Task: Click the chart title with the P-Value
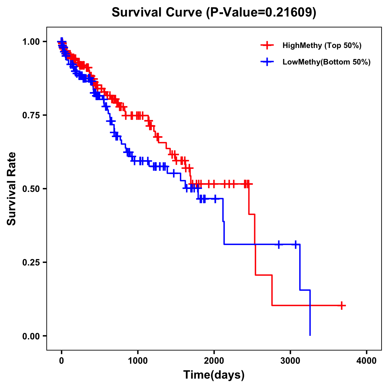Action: [x=214, y=12]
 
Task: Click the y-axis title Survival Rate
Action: [x=12, y=188]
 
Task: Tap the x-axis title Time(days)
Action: [x=214, y=375]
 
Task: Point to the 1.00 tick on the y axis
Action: [x=31, y=41]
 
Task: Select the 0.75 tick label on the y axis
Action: [x=31, y=115]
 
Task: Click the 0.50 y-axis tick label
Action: [x=31, y=189]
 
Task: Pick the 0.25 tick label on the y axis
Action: [x=31, y=262]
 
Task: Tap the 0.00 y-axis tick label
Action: [x=31, y=336]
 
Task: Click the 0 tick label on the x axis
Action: [x=62, y=360]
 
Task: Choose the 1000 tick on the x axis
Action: [x=138, y=360]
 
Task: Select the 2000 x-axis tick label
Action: [x=214, y=360]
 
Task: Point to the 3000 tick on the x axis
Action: [x=290, y=360]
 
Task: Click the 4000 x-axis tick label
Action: [x=367, y=360]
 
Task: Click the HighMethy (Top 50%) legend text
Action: [x=322, y=46]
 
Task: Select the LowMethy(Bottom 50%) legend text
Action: [x=326, y=62]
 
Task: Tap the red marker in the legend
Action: [x=267, y=45]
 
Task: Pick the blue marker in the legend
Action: [x=267, y=62]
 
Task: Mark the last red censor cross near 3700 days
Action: [x=341, y=305]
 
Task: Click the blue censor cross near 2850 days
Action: [x=278, y=244]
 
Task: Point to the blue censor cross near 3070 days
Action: [x=295, y=244]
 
